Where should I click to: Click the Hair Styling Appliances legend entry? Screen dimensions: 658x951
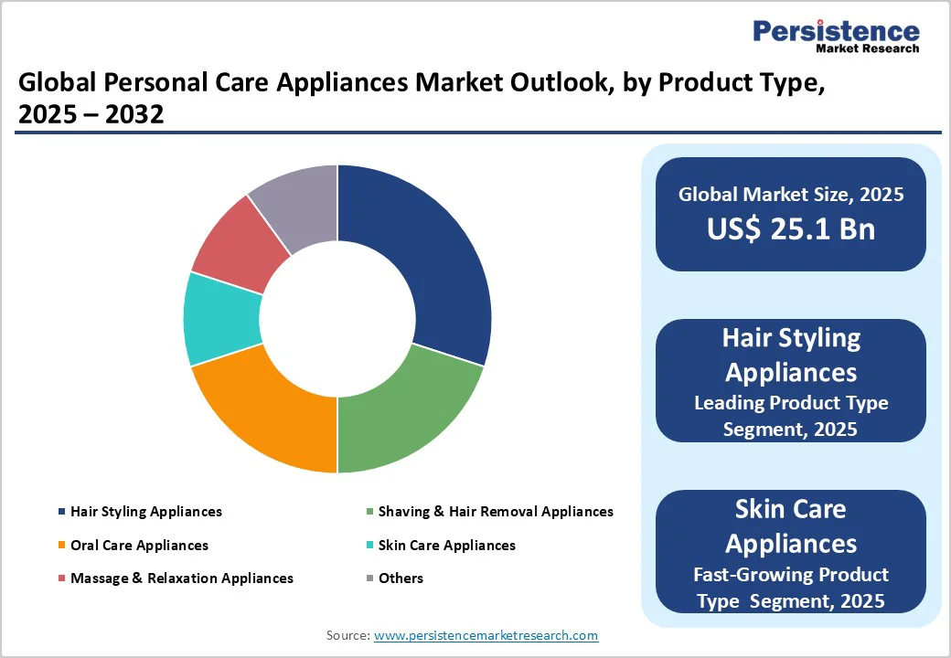[x=145, y=512]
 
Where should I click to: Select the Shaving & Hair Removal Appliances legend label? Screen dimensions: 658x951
[x=495, y=512]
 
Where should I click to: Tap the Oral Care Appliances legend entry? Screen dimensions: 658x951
[x=139, y=546]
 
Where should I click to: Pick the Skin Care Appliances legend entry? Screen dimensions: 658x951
[x=446, y=546]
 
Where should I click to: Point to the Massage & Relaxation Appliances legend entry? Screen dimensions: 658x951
[x=181, y=578]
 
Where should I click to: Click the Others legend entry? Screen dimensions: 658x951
[x=401, y=578]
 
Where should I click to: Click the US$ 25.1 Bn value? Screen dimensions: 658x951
[x=791, y=229]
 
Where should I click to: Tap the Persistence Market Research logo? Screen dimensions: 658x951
[x=836, y=37]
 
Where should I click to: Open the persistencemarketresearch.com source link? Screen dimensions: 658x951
[x=486, y=635]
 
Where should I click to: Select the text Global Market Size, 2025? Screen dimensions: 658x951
[x=791, y=195]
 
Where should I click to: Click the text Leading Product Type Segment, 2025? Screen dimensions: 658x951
[x=791, y=415]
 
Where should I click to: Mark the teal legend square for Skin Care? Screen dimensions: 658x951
[x=369, y=546]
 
